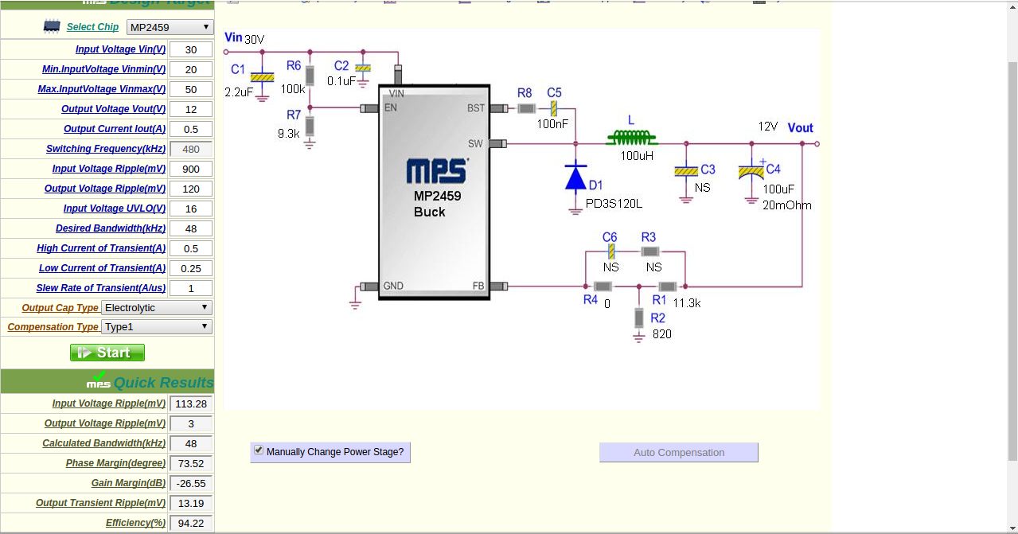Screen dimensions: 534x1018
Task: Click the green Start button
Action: coord(107,353)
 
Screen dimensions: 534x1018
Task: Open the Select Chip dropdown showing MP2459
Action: coord(170,27)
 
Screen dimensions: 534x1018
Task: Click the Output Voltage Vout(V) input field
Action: coord(191,109)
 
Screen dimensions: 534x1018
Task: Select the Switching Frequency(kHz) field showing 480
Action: coord(191,149)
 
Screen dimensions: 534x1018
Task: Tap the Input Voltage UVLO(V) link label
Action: coord(115,209)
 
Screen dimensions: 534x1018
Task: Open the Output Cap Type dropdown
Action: coord(157,307)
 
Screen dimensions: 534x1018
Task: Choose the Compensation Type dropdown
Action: coord(157,326)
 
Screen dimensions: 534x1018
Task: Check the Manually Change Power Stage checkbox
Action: coord(259,450)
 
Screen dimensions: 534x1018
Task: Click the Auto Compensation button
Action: coord(679,453)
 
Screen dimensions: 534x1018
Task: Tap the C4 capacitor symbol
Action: coord(751,171)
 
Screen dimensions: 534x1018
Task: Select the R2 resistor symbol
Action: coord(638,318)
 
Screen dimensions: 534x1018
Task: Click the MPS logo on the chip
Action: coord(437,171)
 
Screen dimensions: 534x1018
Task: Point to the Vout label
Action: coord(800,128)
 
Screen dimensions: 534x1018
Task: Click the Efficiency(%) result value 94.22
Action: coord(191,523)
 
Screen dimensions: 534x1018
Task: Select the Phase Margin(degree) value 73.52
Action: coord(191,463)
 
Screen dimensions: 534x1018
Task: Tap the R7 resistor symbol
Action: coord(310,127)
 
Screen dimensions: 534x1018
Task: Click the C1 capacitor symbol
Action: coord(262,77)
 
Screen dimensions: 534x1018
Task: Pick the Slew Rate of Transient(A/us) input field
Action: coord(191,288)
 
